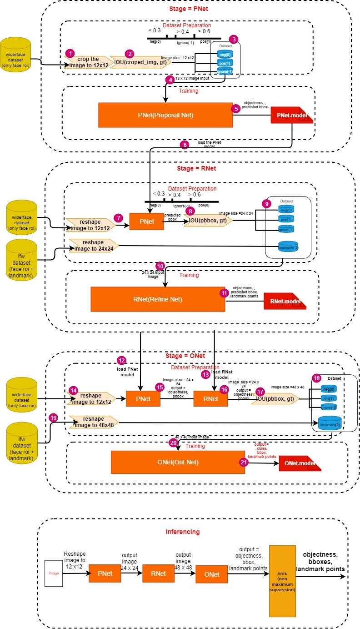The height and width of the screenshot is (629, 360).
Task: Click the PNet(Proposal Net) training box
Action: click(x=165, y=115)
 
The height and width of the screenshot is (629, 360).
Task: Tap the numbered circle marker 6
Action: click(x=184, y=145)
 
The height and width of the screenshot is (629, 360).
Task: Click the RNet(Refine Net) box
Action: click(x=158, y=299)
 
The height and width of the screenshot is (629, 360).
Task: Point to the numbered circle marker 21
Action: click(x=244, y=462)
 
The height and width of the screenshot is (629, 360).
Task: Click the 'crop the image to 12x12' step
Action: click(x=89, y=62)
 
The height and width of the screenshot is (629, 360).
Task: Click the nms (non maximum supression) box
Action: click(x=282, y=574)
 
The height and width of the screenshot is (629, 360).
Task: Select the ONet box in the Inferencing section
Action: click(x=212, y=574)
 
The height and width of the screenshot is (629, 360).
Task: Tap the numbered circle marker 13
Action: click(x=205, y=374)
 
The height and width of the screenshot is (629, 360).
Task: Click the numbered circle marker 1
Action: click(x=70, y=53)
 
